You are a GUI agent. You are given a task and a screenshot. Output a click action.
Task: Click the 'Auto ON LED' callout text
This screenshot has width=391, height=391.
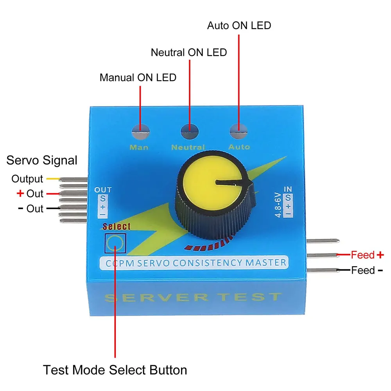point(239,25)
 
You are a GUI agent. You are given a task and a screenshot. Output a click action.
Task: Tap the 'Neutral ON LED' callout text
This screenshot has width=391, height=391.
point(189,52)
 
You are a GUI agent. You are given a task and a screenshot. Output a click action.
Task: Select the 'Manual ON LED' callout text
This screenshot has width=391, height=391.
point(138,77)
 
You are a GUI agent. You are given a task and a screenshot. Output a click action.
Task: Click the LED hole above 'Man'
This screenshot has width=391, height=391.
point(141,131)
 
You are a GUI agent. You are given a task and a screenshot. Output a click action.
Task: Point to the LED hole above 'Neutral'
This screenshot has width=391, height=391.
point(190,131)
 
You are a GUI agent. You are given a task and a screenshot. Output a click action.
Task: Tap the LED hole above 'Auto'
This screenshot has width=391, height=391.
point(239,131)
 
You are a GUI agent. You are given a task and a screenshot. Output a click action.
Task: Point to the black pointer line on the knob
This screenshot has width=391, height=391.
point(233,183)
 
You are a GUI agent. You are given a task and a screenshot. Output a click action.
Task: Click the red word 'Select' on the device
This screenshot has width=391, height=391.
point(117,226)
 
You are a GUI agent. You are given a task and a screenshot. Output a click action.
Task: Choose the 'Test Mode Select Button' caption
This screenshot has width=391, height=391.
point(115,370)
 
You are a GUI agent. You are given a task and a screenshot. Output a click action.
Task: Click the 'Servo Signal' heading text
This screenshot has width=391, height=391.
point(42,160)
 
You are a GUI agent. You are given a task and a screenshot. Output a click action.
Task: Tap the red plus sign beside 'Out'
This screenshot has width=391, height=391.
point(20,193)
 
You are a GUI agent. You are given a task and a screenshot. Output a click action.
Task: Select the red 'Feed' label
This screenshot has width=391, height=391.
point(363,255)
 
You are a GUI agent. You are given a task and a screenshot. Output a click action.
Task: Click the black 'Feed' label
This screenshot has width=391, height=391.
point(363,270)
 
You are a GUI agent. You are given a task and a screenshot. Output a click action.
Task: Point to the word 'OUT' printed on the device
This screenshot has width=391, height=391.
point(103,190)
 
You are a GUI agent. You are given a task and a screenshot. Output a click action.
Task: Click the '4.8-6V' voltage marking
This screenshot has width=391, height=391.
point(278,205)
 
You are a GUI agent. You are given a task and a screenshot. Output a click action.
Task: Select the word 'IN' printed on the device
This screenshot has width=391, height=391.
point(288,189)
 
